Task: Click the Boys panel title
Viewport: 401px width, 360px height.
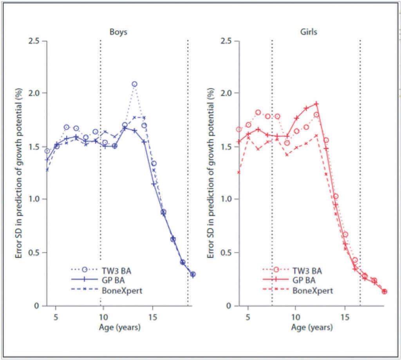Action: [x=118, y=32]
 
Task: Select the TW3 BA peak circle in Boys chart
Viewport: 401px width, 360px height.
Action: [x=134, y=84]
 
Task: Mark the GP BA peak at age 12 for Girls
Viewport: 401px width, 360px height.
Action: [x=316, y=104]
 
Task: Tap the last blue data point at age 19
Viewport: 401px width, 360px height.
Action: [x=193, y=274]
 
